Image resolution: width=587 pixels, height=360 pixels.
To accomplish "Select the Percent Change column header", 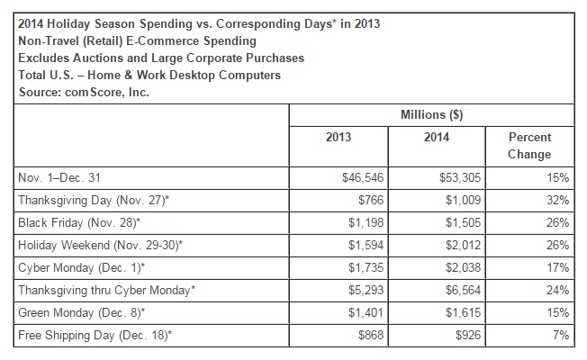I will (531, 146).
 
